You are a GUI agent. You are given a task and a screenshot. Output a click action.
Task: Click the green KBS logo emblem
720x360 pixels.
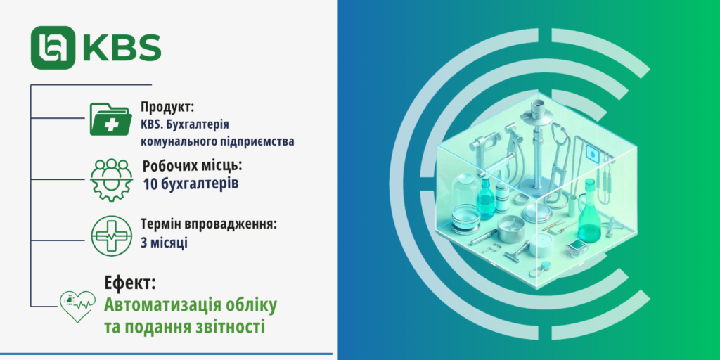(53, 47)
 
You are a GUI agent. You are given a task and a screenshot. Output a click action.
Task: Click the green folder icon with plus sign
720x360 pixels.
(110, 119)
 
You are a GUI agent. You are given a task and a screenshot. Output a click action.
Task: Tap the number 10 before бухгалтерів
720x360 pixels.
(150, 184)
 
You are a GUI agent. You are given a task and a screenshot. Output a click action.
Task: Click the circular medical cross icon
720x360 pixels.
(111, 233)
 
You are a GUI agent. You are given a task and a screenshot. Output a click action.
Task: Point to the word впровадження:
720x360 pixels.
(233, 225)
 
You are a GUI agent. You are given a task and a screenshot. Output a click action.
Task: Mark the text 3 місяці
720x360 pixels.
(164, 243)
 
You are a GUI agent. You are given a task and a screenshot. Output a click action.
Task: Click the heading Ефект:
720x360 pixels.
(130, 283)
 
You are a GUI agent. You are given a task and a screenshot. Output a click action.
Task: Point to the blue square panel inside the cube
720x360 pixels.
(592, 153)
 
